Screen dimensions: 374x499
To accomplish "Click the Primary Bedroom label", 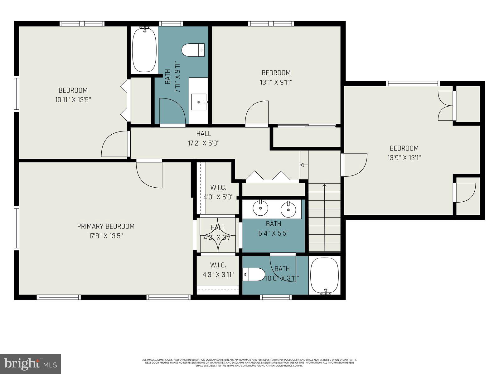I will pos(106,226).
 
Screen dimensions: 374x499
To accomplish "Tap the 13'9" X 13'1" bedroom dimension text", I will pos(404,158).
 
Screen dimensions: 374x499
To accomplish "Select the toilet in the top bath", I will pos(193,50).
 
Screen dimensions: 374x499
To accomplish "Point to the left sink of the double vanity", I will pos(260,209).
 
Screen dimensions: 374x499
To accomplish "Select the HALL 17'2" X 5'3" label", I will pos(203,138).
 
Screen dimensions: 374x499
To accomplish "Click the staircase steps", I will pos(324,218).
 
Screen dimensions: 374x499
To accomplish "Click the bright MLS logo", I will pos(31,363).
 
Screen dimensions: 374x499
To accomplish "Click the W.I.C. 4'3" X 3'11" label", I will pos(218,270).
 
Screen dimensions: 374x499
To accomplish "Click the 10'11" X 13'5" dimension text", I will pos(73,100).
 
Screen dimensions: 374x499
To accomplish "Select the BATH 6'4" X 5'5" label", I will pos(274,228).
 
